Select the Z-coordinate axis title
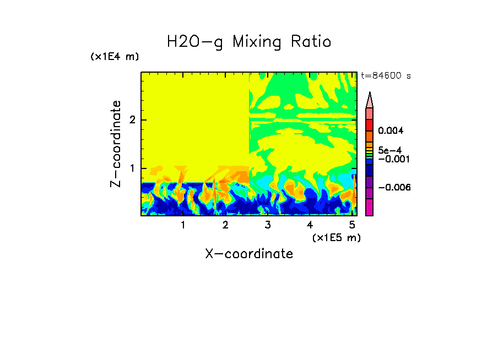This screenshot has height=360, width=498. coord(116,144)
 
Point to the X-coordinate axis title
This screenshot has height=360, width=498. coord(249,254)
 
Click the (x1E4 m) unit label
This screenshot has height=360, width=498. coord(115,57)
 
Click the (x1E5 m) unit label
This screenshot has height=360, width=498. coord(336,237)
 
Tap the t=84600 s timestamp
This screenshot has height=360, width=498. coord(386,76)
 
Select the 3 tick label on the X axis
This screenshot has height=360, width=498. coord(268,225)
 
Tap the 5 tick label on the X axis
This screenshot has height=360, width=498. coord(352,225)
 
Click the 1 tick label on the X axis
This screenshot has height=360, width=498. coord(183,225)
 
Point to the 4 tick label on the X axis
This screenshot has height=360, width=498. coord(310,225)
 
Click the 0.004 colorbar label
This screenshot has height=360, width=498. coord(391,131)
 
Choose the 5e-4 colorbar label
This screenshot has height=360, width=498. coord(389,150)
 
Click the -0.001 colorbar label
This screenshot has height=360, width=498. coord(393,159)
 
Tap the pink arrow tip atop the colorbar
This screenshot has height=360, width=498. coord(370,100)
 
